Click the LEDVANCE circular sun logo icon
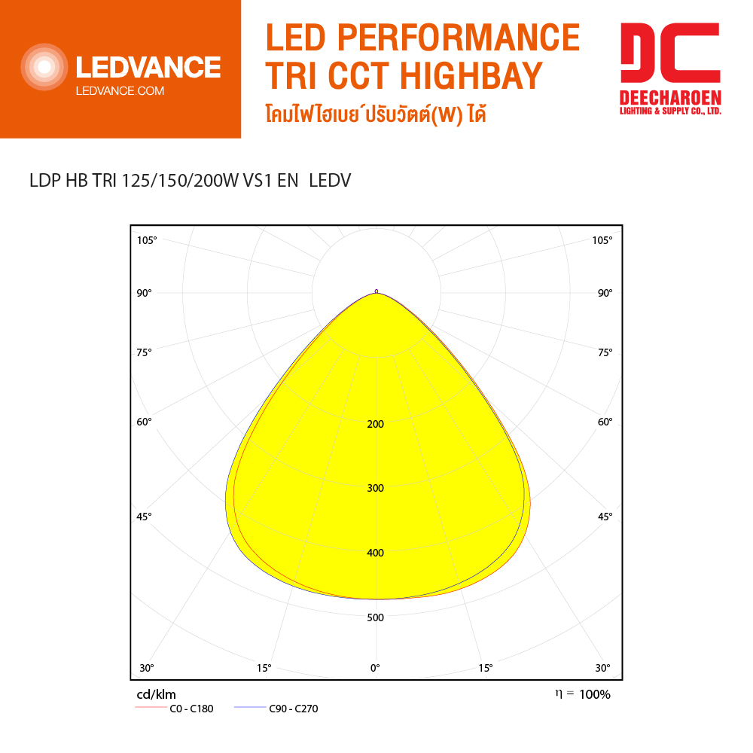click(44, 68)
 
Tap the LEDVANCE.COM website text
click(120, 91)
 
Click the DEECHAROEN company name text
click(670, 98)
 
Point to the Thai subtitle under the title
click(376, 116)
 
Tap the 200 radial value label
click(375, 424)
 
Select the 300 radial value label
click(375, 488)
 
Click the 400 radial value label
click(375, 553)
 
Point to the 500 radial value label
click(375, 617)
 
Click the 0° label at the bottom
click(374, 668)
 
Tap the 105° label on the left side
click(147, 240)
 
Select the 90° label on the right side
click(605, 293)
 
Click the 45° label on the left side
click(145, 517)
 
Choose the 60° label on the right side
click(605, 422)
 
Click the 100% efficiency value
click(595, 694)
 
